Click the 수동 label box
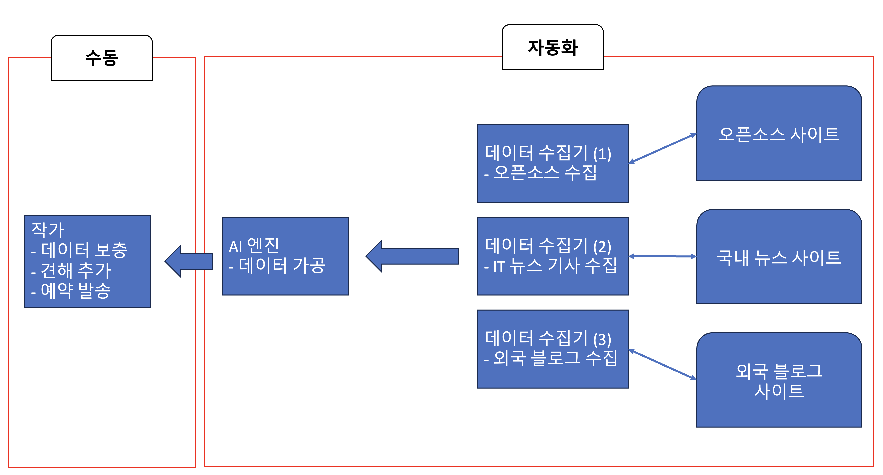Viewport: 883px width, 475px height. (101, 58)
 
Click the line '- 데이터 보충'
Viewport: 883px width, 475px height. (79, 250)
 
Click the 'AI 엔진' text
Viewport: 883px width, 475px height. (254, 246)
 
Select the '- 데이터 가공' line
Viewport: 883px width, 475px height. (277, 266)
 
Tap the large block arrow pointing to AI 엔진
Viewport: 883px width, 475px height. (412, 256)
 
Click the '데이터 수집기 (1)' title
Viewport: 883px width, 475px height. (548, 153)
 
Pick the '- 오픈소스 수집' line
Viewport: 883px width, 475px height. (540, 173)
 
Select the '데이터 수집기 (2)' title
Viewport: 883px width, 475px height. (548, 246)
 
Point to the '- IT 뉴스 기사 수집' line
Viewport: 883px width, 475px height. (550, 266)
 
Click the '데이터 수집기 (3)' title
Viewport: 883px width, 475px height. (548, 339)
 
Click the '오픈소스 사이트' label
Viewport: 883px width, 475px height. (779, 134)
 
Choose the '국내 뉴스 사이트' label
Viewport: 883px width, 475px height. (779, 258)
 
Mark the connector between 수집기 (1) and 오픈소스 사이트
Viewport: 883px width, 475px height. (662, 148)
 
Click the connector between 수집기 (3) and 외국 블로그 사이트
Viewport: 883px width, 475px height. (662, 364)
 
